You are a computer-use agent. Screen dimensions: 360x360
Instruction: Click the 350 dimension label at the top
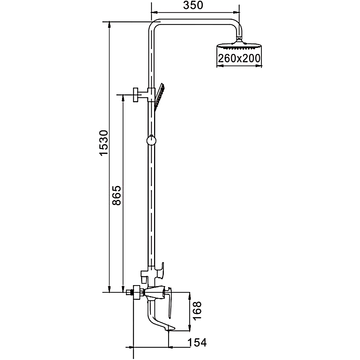click(193, 5)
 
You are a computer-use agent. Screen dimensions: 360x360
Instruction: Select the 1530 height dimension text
click(104, 143)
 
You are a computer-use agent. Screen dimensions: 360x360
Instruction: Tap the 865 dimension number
click(117, 195)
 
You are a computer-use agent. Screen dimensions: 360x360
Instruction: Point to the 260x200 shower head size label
click(239, 58)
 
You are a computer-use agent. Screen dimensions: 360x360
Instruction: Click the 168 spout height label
click(197, 310)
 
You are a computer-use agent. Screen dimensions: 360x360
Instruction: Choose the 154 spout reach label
click(197, 343)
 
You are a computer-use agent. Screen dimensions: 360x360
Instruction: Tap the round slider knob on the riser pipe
click(151, 140)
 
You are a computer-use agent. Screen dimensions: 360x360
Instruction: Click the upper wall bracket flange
click(135, 95)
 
